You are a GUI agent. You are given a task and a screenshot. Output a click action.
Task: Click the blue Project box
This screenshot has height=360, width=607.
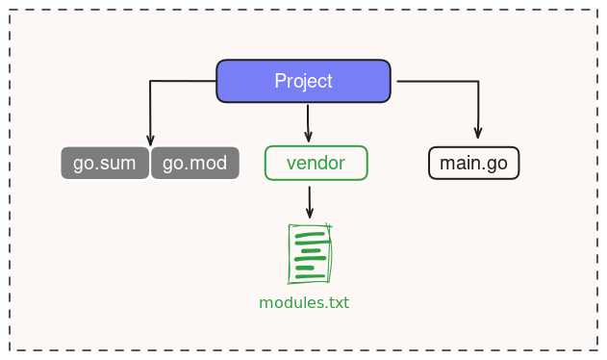(x=303, y=81)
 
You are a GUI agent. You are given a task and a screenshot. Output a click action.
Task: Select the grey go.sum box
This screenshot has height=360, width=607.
(x=105, y=163)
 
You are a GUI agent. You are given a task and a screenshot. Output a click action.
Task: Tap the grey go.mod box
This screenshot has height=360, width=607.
(x=194, y=163)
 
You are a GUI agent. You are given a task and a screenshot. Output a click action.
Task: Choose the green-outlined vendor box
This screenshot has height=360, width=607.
(x=316, y=163)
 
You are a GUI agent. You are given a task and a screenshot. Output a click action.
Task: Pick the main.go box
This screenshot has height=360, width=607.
(x=473, y=163)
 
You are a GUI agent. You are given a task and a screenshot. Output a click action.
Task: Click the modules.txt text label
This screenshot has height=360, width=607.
(x=304, y=302)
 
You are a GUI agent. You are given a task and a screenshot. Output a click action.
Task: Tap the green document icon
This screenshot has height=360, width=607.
(x=310, y=253)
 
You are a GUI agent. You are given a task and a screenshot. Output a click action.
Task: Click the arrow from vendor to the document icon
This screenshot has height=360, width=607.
(x=310, y=201)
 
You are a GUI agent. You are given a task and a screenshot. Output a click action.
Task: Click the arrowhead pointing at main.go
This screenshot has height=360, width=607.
(x=478, y=134)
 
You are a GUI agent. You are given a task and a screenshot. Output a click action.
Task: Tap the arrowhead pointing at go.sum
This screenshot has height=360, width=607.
(x=150, y=140)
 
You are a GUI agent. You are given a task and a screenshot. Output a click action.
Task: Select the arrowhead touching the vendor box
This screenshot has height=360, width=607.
(x=308, y=139)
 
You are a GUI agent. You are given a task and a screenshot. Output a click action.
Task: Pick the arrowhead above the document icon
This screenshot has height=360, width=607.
(x=310, y=213)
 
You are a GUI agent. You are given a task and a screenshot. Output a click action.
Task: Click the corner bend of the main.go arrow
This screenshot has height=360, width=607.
(x=478, y=82)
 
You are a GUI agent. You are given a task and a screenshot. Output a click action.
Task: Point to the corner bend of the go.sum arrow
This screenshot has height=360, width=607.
(x=150, y=82)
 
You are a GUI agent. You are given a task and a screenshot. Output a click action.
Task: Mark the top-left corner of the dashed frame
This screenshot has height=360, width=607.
(x=11, y=12)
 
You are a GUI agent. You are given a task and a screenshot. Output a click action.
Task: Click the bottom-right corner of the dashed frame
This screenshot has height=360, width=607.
(x=596, y=348)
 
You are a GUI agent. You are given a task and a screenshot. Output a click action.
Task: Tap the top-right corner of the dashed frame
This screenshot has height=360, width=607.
(x=596, y=12)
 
